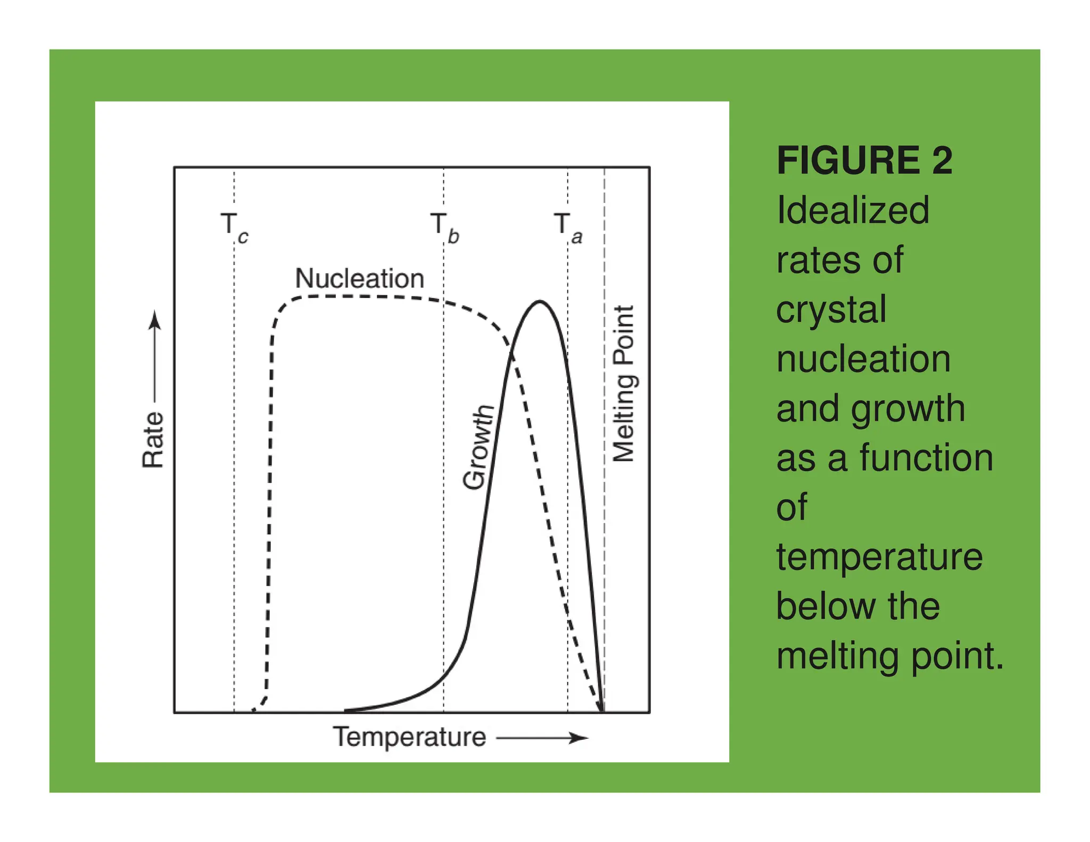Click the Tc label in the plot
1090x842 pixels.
(234, 228)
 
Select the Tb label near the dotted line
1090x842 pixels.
(444, 228)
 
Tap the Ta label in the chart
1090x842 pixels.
(568, 228)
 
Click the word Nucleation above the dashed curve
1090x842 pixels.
(359, 278)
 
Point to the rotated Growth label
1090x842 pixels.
(477, 447)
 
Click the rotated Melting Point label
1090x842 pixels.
(624, 384)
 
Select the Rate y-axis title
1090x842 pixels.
(153, 440)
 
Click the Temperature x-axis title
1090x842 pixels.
(409, 737)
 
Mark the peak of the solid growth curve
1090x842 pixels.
(540, 302)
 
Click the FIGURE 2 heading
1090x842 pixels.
(864, 160)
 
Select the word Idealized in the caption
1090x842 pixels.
(853, 210)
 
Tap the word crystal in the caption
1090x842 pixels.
(831, 309)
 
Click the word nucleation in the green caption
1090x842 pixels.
(863, 359)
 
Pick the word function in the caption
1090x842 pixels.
(926, 458)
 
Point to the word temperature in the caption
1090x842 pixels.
(879, 557)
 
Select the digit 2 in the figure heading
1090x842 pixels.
(942, 160)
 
